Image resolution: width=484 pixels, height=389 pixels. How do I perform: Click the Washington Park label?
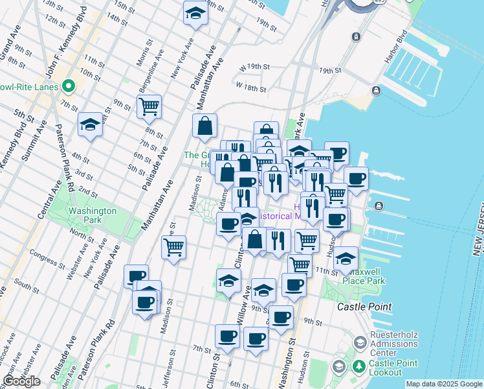tap(92, 215)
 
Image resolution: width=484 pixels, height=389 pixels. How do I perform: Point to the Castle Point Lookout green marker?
tap(358, 368)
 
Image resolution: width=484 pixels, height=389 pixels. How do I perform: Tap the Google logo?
tap(21, 381)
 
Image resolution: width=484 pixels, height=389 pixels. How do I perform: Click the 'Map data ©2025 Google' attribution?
tap(444, 384)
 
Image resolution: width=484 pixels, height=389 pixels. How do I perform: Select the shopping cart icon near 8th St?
tap(149, 106)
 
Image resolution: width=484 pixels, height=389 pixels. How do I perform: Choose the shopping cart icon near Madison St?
tap(173, 247)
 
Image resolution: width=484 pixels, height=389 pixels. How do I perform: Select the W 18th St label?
tap(252, 86)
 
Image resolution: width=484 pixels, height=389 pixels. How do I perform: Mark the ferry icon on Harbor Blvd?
tap(356, 37)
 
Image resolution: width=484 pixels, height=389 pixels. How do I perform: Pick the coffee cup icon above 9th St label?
tap(281, 318)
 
